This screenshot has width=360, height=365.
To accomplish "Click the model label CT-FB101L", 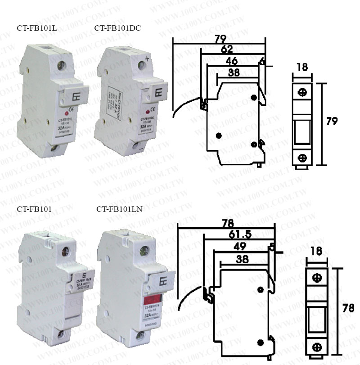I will (33, 28).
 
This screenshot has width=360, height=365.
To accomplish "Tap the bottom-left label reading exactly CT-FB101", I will (34, 209).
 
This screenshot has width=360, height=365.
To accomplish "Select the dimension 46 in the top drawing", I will (232, 60).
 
